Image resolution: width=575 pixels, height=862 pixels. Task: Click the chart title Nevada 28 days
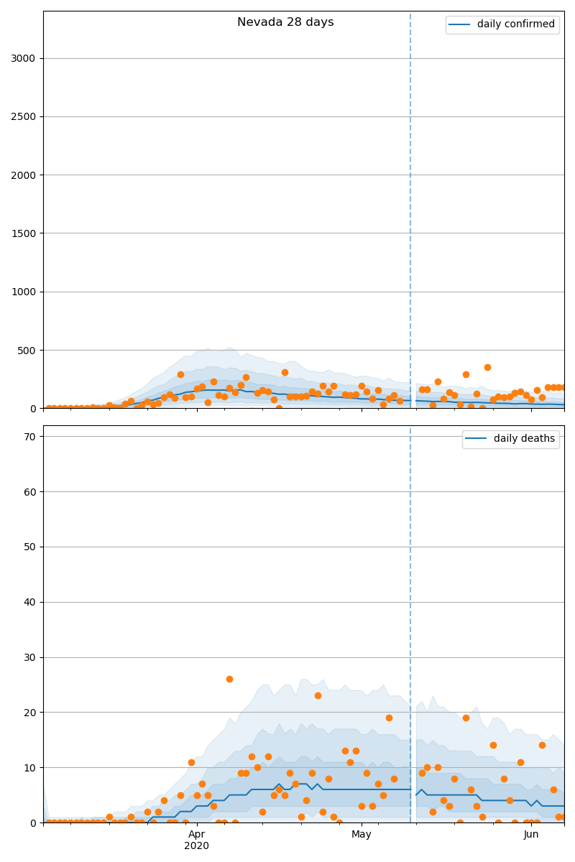[x=285, y=22]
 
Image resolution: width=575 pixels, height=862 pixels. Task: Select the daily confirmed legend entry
[x=515, y=24]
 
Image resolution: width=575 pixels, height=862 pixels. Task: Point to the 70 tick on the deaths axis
[x=29, y=437]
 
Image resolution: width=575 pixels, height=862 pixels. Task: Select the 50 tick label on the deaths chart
[x=29, y=547]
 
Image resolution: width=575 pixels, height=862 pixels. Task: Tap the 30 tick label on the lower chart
[x=29, y=657]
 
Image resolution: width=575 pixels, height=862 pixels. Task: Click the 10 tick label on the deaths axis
[x=29, y=768]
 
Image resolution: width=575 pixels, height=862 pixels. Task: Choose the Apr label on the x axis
[x=196, y=834]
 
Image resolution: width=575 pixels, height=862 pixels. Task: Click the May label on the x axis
[x=362, y=834]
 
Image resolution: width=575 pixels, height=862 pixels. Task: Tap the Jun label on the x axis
[x=531, y=834]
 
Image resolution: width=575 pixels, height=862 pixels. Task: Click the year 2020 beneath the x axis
[x=196, y=846]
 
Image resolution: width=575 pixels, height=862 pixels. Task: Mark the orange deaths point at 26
[x=229, y=679]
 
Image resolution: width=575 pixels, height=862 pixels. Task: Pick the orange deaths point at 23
[x=318, y=695]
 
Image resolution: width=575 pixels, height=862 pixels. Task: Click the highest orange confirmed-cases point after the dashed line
[x=487, y=367]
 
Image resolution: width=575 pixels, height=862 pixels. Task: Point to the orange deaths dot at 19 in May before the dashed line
[x=389, y=718]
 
